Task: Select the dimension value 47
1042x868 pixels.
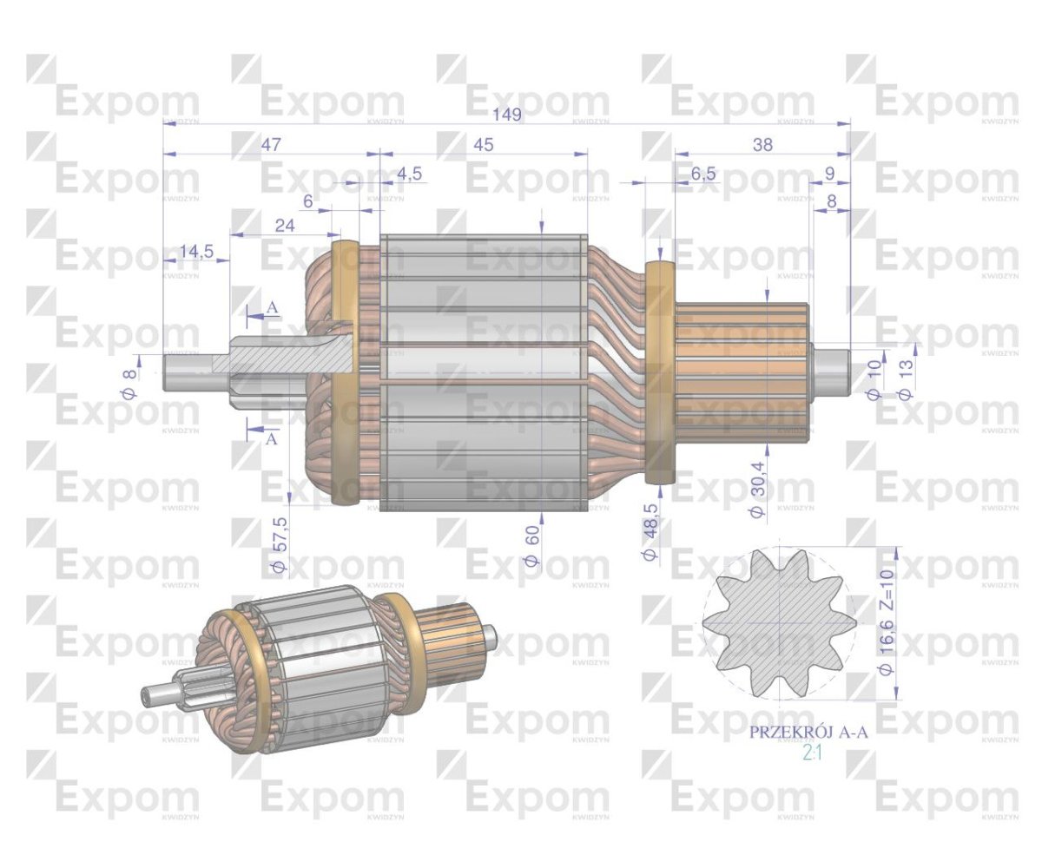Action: pos(271,145)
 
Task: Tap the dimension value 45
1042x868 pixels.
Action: pos(483,145)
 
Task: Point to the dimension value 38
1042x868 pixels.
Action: pos(762,145)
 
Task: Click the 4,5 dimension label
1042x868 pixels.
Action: pos(409,174)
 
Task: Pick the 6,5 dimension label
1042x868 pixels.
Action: pos(703,174)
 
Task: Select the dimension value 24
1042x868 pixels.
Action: pos(285,226)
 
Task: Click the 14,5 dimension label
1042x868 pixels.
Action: pos(196,253)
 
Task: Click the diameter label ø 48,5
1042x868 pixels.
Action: pos(650,530)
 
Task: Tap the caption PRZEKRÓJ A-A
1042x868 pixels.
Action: pos(808,733)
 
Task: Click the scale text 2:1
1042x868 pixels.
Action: pos(813,753)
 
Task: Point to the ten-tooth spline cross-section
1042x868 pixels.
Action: pos(779,622)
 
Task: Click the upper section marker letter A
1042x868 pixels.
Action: pos(272,308)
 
